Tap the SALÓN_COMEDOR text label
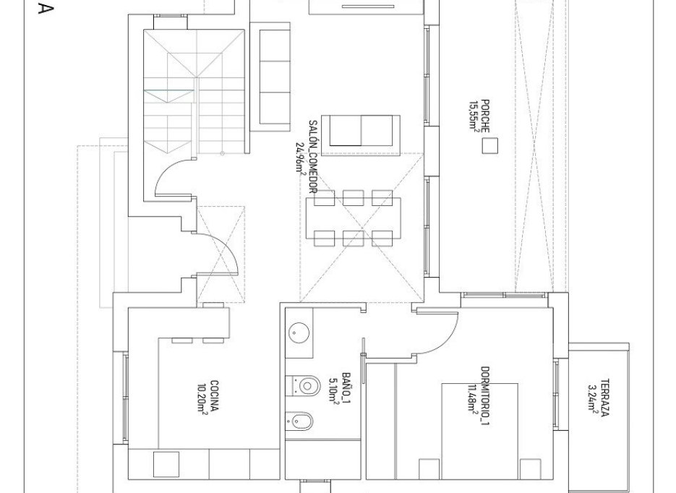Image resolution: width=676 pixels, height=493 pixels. click(312, 155)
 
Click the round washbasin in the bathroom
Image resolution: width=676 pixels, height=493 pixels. click(299, 333)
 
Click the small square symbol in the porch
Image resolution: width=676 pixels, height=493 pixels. click(490, 147)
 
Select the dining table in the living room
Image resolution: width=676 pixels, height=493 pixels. click(353, 215)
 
